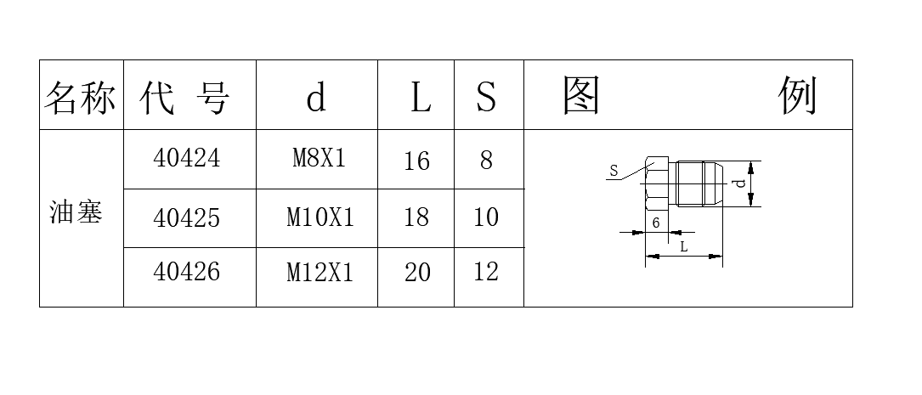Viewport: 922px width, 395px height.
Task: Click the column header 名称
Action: (x=80, y=97)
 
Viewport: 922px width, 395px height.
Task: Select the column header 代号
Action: (x=184, y=97)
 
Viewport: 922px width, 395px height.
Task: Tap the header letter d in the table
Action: (x=316, y=98)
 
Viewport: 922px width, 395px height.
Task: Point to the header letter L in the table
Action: (x=420, y=98)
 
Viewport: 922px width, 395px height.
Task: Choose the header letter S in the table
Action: (x=486, y=98)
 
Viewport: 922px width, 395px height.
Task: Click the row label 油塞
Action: (x=76, y=212)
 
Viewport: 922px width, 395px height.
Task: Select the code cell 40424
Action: (x=186, y=158)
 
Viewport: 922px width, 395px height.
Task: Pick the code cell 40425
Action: (x=186, y=217)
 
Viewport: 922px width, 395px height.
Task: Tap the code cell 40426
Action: (x=186, y=272)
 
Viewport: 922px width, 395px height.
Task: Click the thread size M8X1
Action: (x=320, y=158)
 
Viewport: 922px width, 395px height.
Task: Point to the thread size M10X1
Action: (x=320, y=217)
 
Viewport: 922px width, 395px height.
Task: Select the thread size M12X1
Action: (x=320, y=272)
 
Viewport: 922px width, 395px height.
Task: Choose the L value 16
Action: (x=417, y=161)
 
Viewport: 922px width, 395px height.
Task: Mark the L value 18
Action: (x=417, y=217)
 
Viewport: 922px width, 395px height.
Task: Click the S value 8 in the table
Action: (x=486, y=160)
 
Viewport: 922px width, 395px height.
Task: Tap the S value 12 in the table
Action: (x=486, y=272)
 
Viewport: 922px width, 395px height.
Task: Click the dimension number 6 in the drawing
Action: (x=656, y=223)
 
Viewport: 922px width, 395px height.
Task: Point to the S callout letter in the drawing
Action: (x=614, y=171)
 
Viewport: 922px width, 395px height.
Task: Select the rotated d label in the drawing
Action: (x=741, y=183)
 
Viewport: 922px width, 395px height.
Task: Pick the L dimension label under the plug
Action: (x=684, y=247)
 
